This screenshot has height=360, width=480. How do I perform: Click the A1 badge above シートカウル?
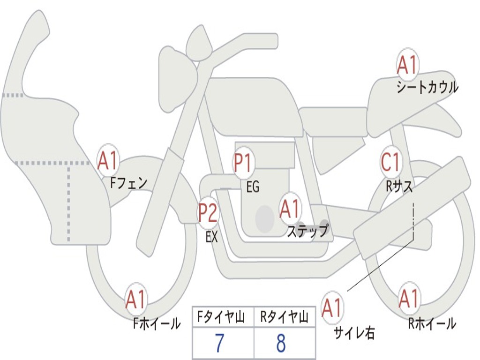407,65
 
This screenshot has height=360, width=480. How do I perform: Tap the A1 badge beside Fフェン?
108,160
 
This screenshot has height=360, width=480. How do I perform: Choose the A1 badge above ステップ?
290,209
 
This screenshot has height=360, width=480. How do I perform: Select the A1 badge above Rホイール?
409,299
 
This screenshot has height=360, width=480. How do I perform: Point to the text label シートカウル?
427,88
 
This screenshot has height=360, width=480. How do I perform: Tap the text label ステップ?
307,231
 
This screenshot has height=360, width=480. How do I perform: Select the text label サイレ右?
354,333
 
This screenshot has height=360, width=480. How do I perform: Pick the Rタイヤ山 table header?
284,318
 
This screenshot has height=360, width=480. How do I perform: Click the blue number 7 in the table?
219,344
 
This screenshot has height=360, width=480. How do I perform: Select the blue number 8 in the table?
281,344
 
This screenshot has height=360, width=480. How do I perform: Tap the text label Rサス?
400,186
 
